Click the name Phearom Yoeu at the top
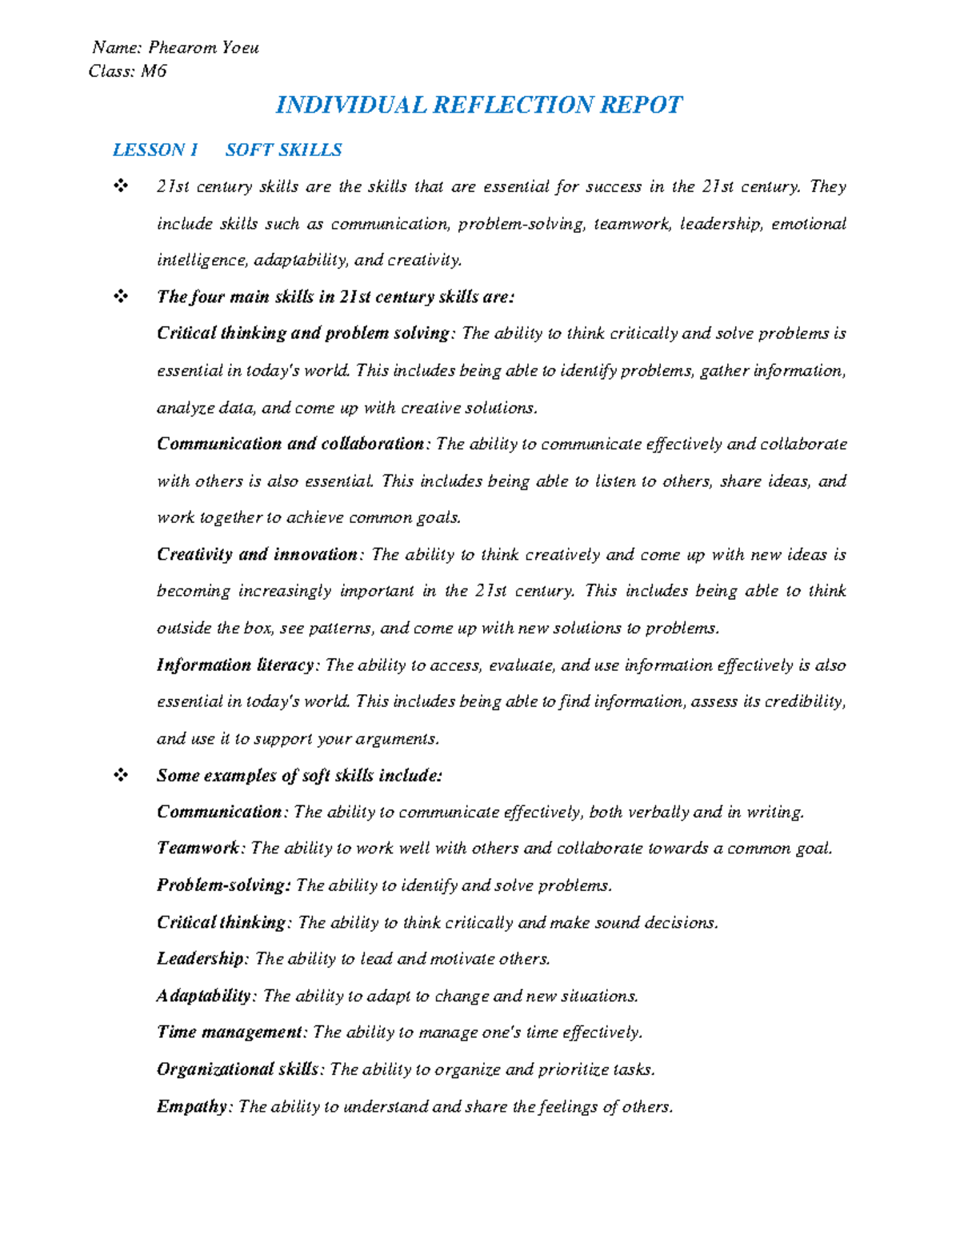(x=203, y=48)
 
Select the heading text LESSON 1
(x=155, y=150)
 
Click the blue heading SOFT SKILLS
(x=283, y=150)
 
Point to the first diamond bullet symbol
(x=121, y=186)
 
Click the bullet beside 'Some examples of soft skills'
(x=121, y=775)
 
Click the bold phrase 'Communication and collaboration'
(x=290, y=444)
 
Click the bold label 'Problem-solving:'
(x=223, y=885)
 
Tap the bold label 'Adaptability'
(x=204, y=996)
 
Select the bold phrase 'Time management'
(x=229, y=1032)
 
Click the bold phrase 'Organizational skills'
(x=238, y=1069)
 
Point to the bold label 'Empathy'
(x=192, y=1106)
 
